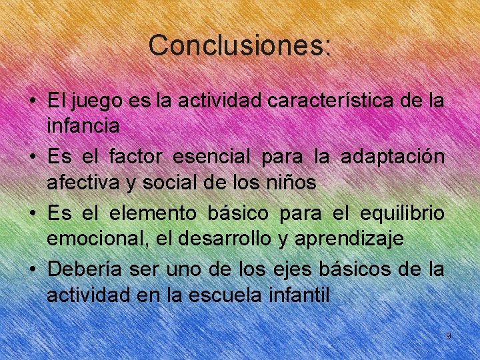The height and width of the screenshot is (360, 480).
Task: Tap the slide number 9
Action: pos(449,336)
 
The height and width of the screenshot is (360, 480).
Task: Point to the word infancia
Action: pos(83,125)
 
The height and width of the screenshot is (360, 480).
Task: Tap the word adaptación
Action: pos(392,159)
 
